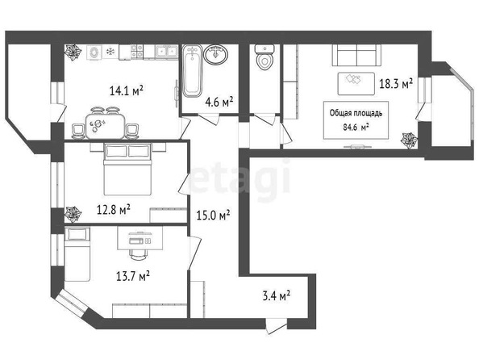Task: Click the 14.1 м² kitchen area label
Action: (127, 91)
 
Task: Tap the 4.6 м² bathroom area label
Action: (219, 102)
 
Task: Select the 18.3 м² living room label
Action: (396, 83)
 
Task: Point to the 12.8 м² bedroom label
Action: (114, 210)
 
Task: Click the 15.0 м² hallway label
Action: (213, 216)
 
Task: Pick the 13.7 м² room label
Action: (133, 277)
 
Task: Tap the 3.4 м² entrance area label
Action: (277, 296)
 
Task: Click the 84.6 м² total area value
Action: (356, 127)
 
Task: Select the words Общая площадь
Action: (356, 113)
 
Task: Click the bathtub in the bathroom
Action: (192, 71)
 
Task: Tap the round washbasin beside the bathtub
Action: (216, 55)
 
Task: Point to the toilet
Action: (264, 57)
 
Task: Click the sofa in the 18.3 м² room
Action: (356, 55)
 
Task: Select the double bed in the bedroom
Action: (127, 170)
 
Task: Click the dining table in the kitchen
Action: (106, 126)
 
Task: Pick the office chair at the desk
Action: (139, 253)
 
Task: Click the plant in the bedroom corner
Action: (73, 214)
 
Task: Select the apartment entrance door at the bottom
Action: (276, 326)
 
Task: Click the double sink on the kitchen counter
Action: (166, 51)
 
